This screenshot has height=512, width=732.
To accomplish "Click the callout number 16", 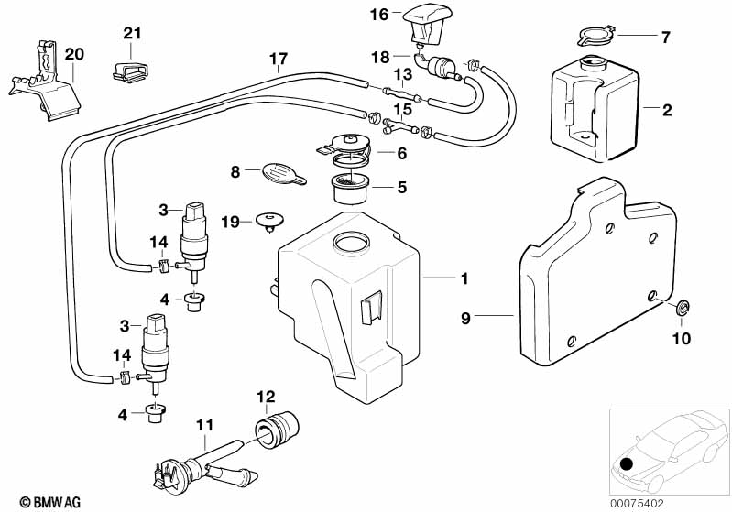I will tap(379, 14).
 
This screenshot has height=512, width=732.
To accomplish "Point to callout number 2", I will tap(667, 110).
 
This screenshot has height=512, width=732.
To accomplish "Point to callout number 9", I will tap(465, 318).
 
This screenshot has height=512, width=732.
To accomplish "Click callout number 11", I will tap(204, 425).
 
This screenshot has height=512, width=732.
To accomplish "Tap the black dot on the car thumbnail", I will tap(627, 463).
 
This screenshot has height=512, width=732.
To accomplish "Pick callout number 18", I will tap(379, 57).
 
